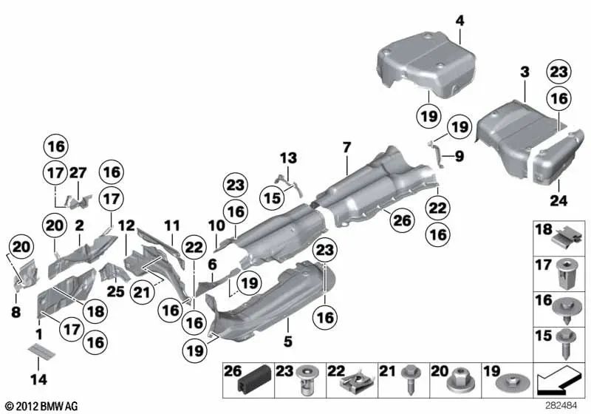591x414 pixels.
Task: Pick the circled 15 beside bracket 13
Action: click(273, 197)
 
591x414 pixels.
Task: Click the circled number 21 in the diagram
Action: click(141, 291)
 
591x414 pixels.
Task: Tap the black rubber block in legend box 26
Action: click(243, 381)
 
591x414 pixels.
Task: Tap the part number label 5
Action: click(288, 342)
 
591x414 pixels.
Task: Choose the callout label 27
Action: click(79, 172)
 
